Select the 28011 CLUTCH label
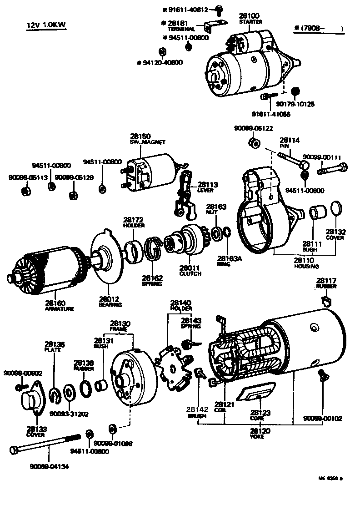[190, 271]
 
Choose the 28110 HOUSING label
[306, 263]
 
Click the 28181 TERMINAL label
[181, 25]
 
